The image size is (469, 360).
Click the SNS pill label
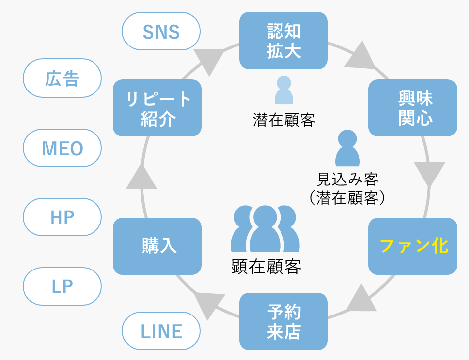[161, 31]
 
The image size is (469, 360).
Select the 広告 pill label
[62, 78]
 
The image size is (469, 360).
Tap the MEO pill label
[62, 148]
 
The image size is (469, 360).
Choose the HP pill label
[62, 217]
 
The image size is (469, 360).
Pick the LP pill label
[62, 286]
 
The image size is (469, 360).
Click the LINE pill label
[161, 331]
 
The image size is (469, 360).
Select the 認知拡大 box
[283, 41]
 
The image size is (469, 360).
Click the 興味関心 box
[412, 108]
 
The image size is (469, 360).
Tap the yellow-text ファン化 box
[412, 246]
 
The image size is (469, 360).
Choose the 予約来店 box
[283, 321]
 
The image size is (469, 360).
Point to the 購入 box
[157, 246]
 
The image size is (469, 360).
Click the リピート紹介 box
[157, 108]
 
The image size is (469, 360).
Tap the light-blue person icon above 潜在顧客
[284, 90]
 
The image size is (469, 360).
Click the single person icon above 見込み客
[347, 148]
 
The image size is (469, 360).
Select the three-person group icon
[265, 228]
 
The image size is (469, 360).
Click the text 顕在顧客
[266, 267]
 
